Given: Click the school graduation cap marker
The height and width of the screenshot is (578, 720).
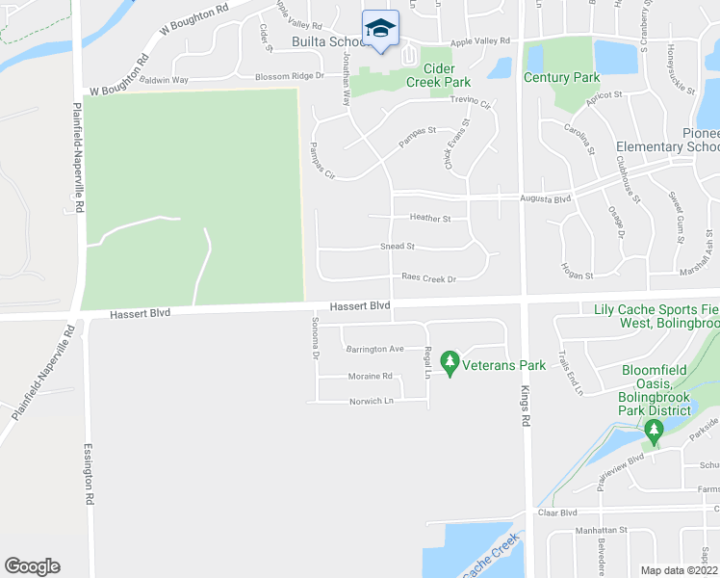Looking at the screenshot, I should click(x=380, y=28).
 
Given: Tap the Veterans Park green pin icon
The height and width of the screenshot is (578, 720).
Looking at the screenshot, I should click(x=449, y=363).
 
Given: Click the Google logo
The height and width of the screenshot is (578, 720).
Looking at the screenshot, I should click(x=32, y=566).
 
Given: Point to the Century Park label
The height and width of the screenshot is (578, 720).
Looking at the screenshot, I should click(x=561, y=78).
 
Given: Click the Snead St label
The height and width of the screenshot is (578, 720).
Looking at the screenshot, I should click(x=397, y=247).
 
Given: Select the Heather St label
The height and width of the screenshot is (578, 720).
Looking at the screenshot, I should click(x=429, y=219).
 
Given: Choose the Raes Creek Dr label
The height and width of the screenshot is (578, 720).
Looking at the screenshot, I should click(x=428, y=277).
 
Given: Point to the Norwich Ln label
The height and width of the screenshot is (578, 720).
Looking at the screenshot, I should click(x=372, y=401).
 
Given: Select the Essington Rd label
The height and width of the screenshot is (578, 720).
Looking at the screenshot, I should click(x=88, y=474).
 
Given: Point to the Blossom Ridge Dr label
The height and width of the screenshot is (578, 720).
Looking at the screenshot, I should click(x=289, y=76).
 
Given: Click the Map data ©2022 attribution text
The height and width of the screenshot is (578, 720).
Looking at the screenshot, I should click(x=680, y=570).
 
